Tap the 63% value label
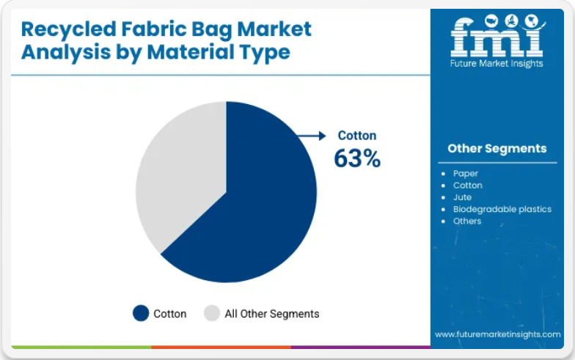click(357, 158)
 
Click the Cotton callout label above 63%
click(356, 135)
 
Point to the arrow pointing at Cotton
click(311, 136)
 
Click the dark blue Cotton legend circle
click(141, 314)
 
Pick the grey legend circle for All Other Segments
click(212, 314)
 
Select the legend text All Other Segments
click(271, 314)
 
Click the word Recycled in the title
click(69, 29)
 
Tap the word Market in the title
click(274, 29)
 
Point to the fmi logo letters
click(497, 36)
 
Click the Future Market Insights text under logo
click(497, 63)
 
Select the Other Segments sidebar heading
click(497, 148)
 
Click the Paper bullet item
click(465, 173)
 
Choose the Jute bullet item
click(462, 197)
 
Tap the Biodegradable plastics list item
click(502, 209)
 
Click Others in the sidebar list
click(466, 221)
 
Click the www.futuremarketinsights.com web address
click(497, 334)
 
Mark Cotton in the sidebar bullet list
click(468, 185)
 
